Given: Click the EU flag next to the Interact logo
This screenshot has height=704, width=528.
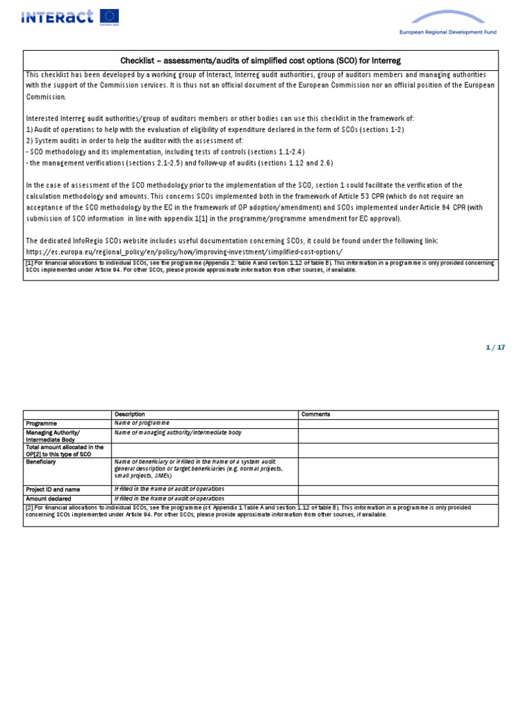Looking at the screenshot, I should (x=109, y=16).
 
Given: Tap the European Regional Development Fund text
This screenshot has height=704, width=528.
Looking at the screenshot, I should (x=448, y=32).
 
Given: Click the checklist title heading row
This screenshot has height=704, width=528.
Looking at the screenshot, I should (x=261, y=60).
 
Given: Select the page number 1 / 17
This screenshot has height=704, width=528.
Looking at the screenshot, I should (x=495, y=347).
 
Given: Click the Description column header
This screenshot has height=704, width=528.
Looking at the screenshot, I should (x=130, y=415).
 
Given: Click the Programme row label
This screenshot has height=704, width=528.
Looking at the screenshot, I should (x=42, y=423).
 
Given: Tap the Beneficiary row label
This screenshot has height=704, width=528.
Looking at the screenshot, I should (x=41, y=462).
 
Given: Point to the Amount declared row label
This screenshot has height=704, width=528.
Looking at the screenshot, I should (x=49, y=498).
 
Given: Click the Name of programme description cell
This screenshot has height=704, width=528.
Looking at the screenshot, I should (x=142, y=423).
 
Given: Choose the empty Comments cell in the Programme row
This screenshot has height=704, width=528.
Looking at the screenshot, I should (x=397, y=423).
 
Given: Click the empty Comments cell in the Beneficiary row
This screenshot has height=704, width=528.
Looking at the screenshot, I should (x=397, y=471).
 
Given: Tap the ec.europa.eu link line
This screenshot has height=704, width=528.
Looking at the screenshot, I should (x=184, y=252).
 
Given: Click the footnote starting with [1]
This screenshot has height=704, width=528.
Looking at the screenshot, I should (x=260, y=266).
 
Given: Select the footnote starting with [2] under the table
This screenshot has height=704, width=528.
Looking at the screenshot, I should (x=260, y=511).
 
